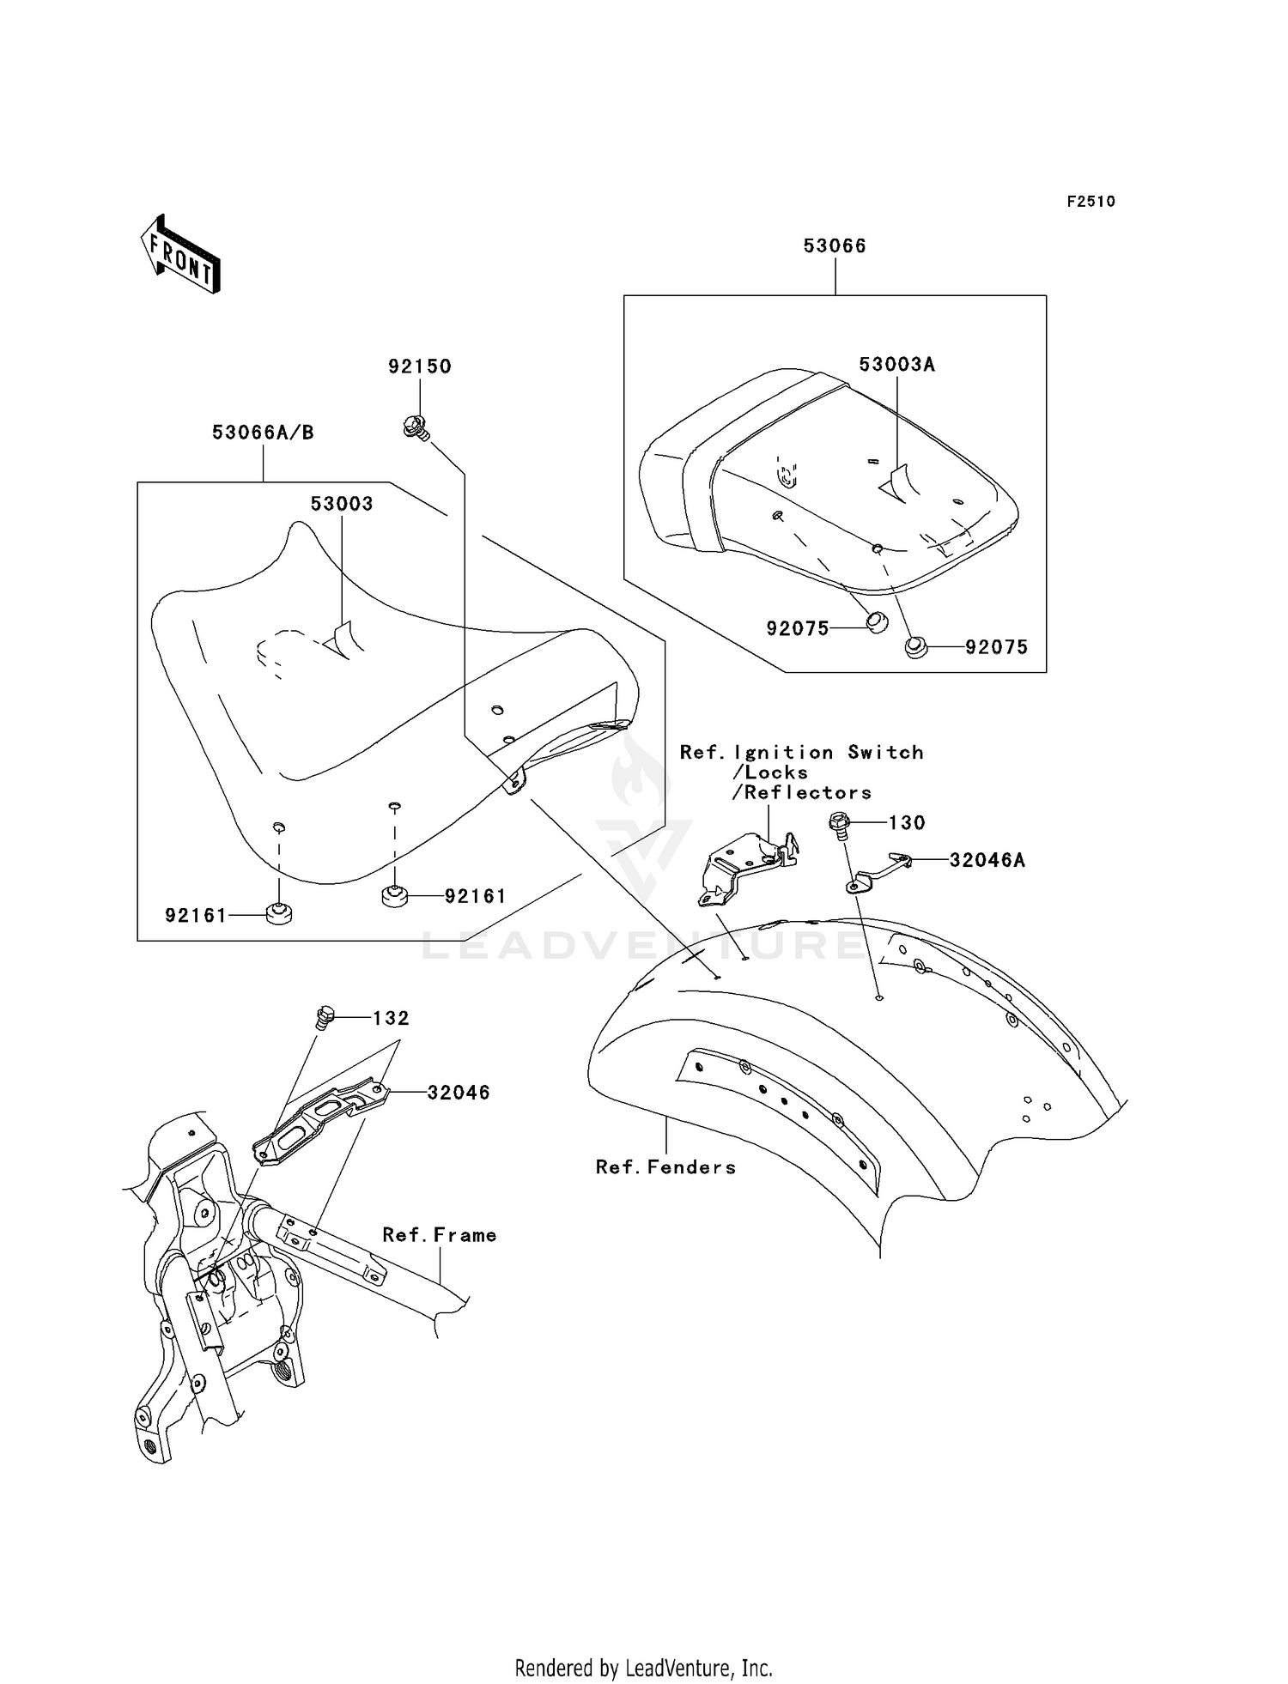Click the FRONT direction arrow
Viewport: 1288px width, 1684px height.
pyautogui.click(x=180, y=254)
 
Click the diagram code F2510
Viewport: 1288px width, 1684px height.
pyautogui.click(x=1091, y=202)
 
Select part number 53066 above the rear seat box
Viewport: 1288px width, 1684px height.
pyautogui.click(x=835, y=246)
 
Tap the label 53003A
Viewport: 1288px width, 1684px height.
pyautogui.click(x=896, y=365)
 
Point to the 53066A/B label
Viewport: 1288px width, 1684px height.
pyautogui.click(x=263, y=433)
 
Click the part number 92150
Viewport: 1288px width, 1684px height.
pyautogui.click(x=420, y=366)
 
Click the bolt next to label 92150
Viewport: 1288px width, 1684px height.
pyautogui.click(x=416, y=427)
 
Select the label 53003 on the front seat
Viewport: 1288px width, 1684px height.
pyautogui.click(x=342, y=504)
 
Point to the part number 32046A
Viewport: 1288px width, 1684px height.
pyautogui.click(x=987, y=860)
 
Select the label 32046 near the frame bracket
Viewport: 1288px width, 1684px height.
pyautogui.click(x=459, y=1093)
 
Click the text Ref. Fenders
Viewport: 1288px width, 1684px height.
pyautogui.click(x=666, y=1167)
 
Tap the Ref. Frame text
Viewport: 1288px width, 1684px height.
pyautogui.click(x=440, y=1235)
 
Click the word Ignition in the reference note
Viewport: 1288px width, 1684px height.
pyautogui.click(x=783, y=754)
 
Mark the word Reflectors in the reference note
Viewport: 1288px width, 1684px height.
pyautogui.click(x=807, y=793)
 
